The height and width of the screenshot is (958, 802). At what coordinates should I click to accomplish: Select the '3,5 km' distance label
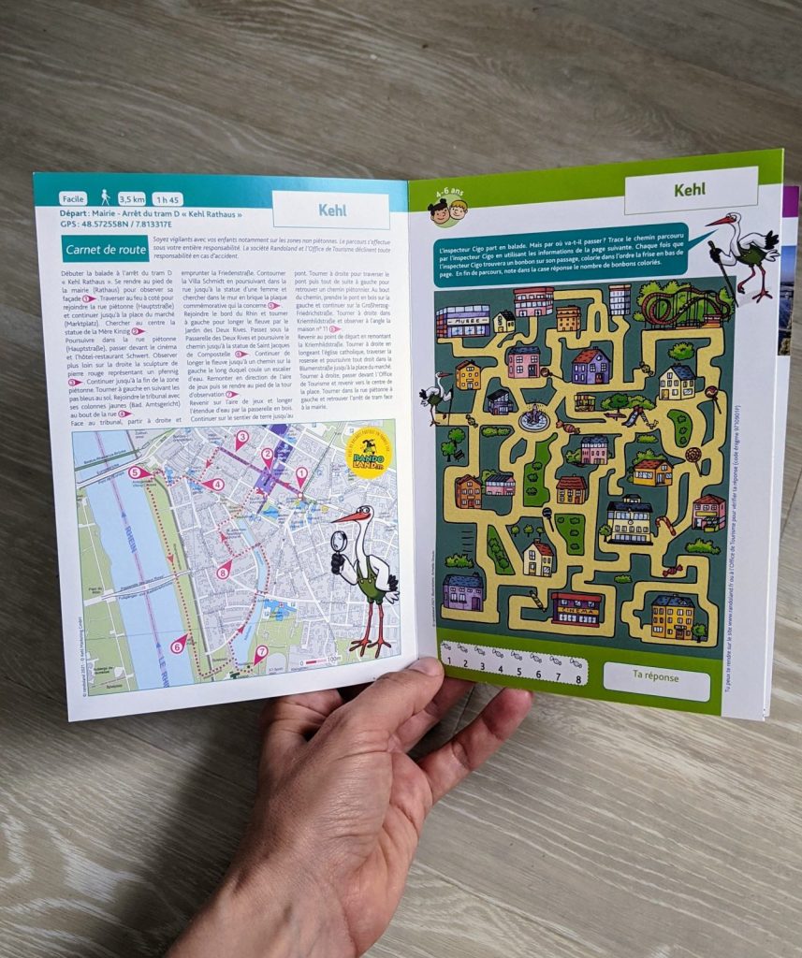126,199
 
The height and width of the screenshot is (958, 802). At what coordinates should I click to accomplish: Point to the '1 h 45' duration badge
168,199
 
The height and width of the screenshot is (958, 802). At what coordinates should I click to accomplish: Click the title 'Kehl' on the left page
331,210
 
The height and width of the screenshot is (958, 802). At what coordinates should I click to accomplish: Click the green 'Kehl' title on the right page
691,191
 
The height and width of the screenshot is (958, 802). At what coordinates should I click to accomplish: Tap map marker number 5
139,474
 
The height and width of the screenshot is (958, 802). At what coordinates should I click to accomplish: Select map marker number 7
260,652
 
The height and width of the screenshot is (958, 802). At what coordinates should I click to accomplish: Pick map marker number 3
241,437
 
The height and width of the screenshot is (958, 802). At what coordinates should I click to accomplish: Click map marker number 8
223,571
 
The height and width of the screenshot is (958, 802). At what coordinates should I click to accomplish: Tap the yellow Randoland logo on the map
366,454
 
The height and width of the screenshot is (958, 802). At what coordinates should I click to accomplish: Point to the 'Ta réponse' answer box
656,675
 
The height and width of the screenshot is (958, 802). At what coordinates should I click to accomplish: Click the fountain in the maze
534,418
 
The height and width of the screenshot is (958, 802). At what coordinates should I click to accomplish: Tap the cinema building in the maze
576,608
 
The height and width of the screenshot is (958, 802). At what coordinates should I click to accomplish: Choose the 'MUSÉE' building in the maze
462,320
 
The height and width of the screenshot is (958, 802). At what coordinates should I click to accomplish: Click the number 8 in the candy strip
580,671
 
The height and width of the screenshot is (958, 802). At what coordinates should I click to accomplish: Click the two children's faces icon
447,210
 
